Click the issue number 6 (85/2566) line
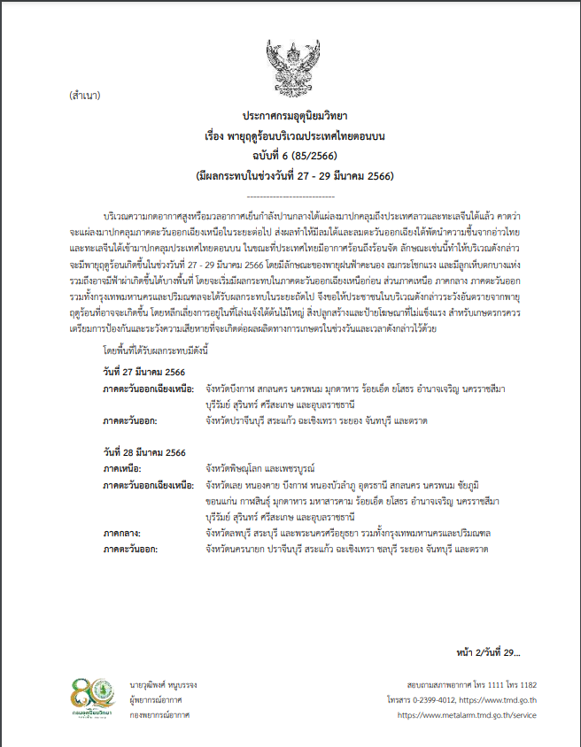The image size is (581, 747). (x=290, y=157)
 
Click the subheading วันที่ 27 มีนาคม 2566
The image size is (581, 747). (x=143, y=346)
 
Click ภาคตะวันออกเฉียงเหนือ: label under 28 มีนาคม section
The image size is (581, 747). (x=148, y=485)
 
